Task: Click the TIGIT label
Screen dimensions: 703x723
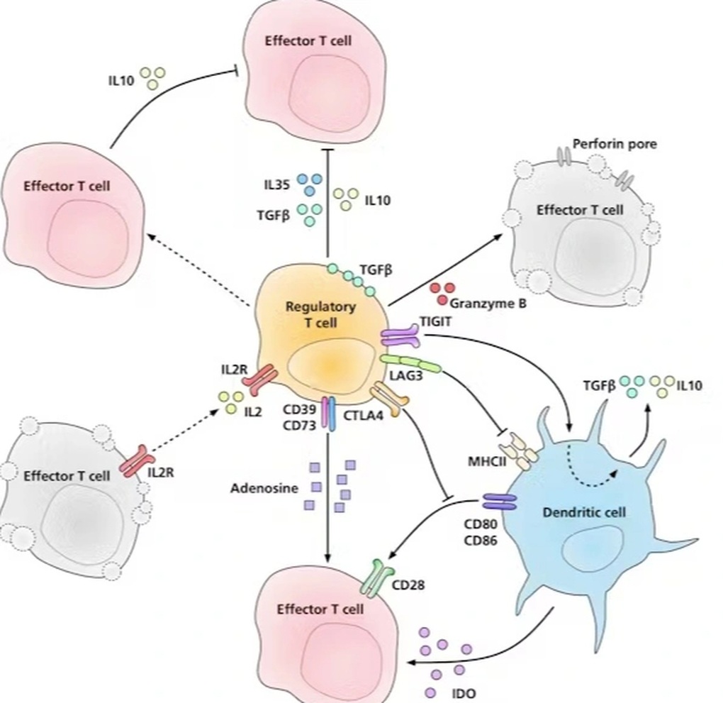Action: (x=435, y=321)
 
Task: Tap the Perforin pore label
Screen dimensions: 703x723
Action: (x=615, y=144)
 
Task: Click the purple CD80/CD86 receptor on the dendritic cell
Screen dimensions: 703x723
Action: (x=500, y=503)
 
